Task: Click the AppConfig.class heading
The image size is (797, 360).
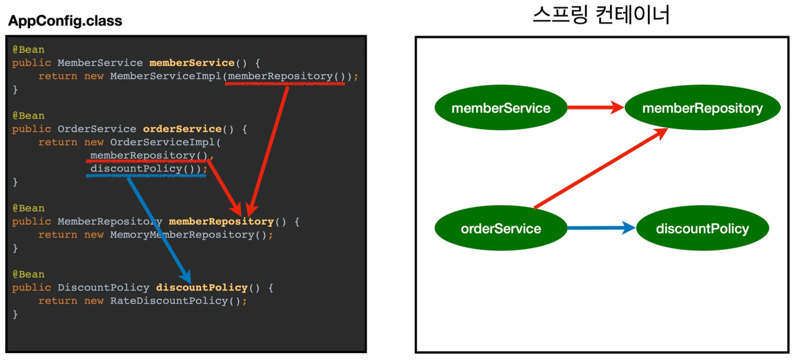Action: click(x=65, y=21)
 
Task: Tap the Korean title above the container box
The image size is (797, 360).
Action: click(x=601, y=15)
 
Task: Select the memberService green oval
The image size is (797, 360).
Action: click(x=501, y=108)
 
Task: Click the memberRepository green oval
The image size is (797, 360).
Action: click(x=702, y=108)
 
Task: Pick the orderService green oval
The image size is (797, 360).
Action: click(x=501, y=228)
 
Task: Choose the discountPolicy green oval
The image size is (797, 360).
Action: click(x=702, y=228)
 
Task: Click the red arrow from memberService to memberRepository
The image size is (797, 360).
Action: click(x=595, y=108)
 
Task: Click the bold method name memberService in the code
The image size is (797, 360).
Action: click(x=192, y=63)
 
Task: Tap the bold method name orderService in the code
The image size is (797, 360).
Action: click(x=182, y=129)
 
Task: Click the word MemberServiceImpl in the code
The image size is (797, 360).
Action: click(x=166, y=76)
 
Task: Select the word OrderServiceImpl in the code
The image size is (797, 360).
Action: click(x=162, y=142)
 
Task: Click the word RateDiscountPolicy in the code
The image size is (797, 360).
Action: click(x=169, y=301)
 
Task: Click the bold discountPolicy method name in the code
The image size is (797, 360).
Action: click(x=202, y=288)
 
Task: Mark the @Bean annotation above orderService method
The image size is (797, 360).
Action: click(x=29, y=116)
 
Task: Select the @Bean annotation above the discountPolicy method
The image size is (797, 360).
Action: click(x=29, y=274)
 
